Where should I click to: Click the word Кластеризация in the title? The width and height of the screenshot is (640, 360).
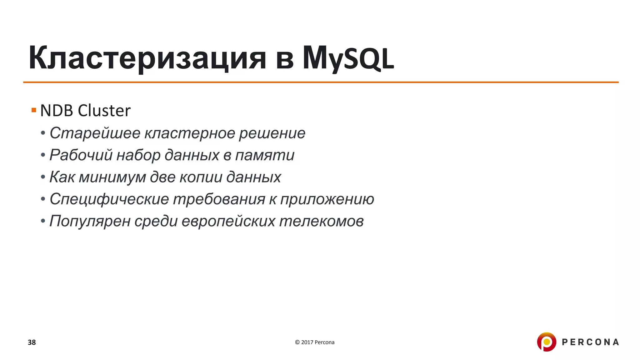(147, 58)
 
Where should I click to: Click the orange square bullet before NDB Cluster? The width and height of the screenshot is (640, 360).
(34, 110)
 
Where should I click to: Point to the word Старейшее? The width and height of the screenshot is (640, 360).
(95, 133)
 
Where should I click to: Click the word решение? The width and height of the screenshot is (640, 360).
(272, 133)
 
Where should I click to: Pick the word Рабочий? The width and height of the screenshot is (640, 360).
(81, 155)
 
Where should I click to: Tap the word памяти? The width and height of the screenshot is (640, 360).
(264, 155)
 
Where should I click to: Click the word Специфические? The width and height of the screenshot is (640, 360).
(109, 199)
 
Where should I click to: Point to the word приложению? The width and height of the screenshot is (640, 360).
(327, 199)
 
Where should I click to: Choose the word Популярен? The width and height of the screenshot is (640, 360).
(90, 221)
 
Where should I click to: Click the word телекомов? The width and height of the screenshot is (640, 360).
(321, 221)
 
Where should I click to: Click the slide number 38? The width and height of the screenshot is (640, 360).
(32, 342)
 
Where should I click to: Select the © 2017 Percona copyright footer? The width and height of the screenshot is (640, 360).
(314, 342)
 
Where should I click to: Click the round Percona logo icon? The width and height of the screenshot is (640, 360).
(546, 342)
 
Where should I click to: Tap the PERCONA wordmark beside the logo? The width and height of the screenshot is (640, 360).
(590, 342)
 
